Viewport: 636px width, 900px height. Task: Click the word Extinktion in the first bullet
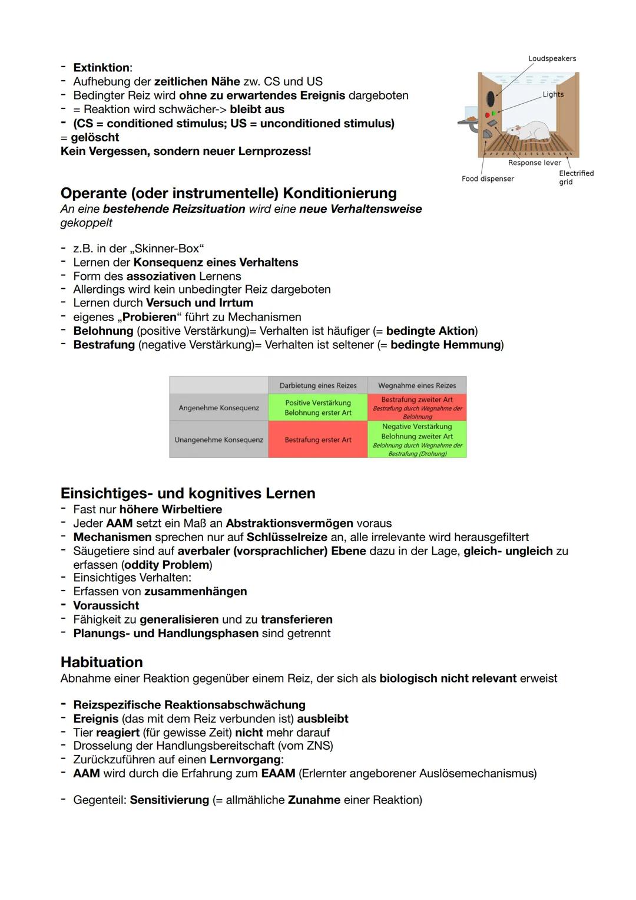(x=101, y=68)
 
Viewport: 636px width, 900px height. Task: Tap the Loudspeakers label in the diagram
(x=552, y=58)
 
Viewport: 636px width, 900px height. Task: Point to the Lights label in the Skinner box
(x=553, y=94)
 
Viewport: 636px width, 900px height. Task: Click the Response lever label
(x=534, y=163)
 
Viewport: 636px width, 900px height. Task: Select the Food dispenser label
(x=488, y=179)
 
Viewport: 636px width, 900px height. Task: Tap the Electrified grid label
(x=575, y=177)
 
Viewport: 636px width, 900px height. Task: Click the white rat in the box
(x=533, y=131)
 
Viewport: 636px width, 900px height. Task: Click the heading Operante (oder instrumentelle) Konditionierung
(x=228, y=193)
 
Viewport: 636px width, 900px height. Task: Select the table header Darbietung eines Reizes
(x=318, y=385)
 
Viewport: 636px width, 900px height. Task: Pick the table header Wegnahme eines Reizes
(x=417, y=385)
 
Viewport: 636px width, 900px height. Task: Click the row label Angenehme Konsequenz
(x=218, y=408)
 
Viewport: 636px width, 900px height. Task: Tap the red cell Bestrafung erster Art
(x=318, y=440)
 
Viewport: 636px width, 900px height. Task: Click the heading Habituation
(x=101, y=662)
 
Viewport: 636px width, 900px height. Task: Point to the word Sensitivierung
(x=170, y=800)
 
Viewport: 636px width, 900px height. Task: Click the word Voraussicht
(x=106, y=605)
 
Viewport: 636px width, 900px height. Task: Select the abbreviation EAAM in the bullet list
(x=278, y=773)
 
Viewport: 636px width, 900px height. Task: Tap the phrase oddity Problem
(x=167, y=565)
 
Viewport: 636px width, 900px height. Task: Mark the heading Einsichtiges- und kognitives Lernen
(x=188, y=493)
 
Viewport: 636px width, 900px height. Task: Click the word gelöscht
(x=95, y=137)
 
